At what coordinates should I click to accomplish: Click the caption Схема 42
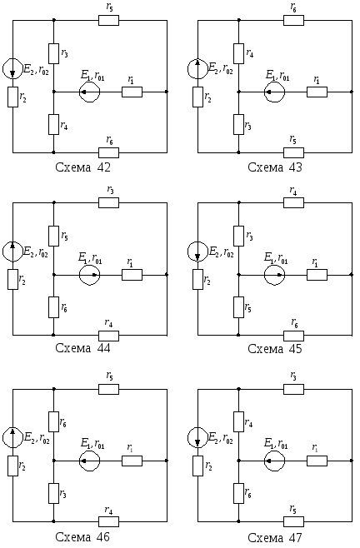[x=82, y=167]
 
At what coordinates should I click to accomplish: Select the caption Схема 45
[x=275, y=349]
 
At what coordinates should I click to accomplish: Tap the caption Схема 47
[x=275, y=537]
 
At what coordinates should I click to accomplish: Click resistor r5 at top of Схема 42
[x=109, y=20]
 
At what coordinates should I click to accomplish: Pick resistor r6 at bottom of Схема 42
[x=109, y=152]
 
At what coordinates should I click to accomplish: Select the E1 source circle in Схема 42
[x=89, y=92]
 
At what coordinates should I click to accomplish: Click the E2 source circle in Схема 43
[x=197, y=68]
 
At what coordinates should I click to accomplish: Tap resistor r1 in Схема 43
[x=317, y=92]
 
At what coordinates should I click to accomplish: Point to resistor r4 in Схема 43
[x=238, y=53]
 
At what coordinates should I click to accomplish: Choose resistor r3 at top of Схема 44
[x=109, y=202]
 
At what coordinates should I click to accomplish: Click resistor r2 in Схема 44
[x=13, y=279]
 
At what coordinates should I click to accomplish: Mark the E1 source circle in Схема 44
[x=89, y=275]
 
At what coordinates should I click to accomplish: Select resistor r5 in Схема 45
[x=238, y=307]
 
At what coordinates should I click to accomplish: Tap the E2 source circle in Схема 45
[x=197, y=252]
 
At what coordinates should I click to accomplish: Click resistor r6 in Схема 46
[x=53, y=422]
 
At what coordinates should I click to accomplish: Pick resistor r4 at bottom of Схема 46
[x=109, y=521]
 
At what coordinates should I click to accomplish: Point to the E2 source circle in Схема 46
[x=13, y=437]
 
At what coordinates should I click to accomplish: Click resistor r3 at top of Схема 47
[x=294, y=389]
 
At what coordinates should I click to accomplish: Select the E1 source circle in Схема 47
[x=275, y=461]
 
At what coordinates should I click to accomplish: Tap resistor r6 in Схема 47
[x=238, y=493]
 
